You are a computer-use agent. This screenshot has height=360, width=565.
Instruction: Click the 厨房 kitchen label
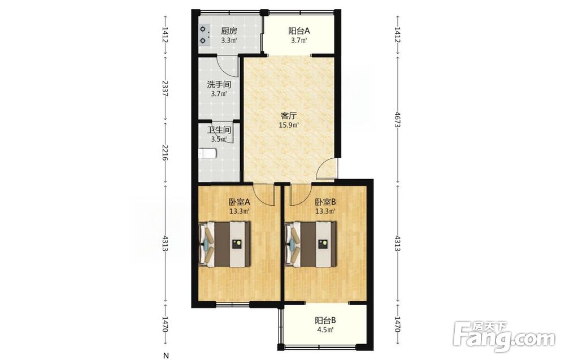[229, 31]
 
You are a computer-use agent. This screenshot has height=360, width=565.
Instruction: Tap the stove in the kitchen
[205, 34]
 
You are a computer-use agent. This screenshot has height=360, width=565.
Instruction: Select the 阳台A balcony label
[299, 31]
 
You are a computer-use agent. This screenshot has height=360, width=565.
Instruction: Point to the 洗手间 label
[219, 85]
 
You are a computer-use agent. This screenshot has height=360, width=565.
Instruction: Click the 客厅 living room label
[289, 116]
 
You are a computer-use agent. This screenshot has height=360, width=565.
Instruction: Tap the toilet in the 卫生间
[207, 154]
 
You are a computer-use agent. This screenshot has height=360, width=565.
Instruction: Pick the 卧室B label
[325, 202]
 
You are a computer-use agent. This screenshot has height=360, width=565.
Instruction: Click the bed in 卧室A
[224, 244]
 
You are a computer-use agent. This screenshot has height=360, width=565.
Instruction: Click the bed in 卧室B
[310, 244]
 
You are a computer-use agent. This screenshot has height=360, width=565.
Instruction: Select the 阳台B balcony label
[325, 320]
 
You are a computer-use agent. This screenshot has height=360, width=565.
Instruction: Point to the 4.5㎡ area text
[325, 329]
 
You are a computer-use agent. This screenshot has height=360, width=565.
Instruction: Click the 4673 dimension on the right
[397, 119]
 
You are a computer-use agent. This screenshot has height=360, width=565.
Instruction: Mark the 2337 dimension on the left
[165, 88]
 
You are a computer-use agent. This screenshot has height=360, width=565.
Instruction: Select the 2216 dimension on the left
[165, 153]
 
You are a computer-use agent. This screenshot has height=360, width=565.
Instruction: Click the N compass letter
[166, 355]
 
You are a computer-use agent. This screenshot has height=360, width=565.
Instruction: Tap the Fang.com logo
[504, 336]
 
